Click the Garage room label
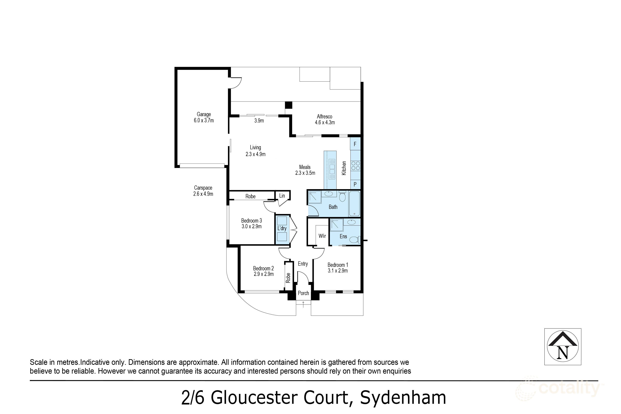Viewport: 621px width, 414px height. coord(204,115)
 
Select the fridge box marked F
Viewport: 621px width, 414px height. coord(355,144)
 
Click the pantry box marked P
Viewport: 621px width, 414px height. coord(355,185)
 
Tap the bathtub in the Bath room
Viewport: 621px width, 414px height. coord(354,204)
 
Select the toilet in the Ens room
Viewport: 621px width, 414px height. coord(354,240)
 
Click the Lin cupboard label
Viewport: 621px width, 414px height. coord(282,196)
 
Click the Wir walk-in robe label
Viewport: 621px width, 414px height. coord(322,236)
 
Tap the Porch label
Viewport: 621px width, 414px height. coord(303,293)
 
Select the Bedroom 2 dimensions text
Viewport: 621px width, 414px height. coord(264,274)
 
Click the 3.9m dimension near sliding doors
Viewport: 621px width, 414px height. coord(259,121)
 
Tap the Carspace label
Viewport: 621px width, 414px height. coord(203,188)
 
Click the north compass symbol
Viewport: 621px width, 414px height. coord(563,347)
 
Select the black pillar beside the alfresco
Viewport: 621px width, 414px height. coord(288,105)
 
